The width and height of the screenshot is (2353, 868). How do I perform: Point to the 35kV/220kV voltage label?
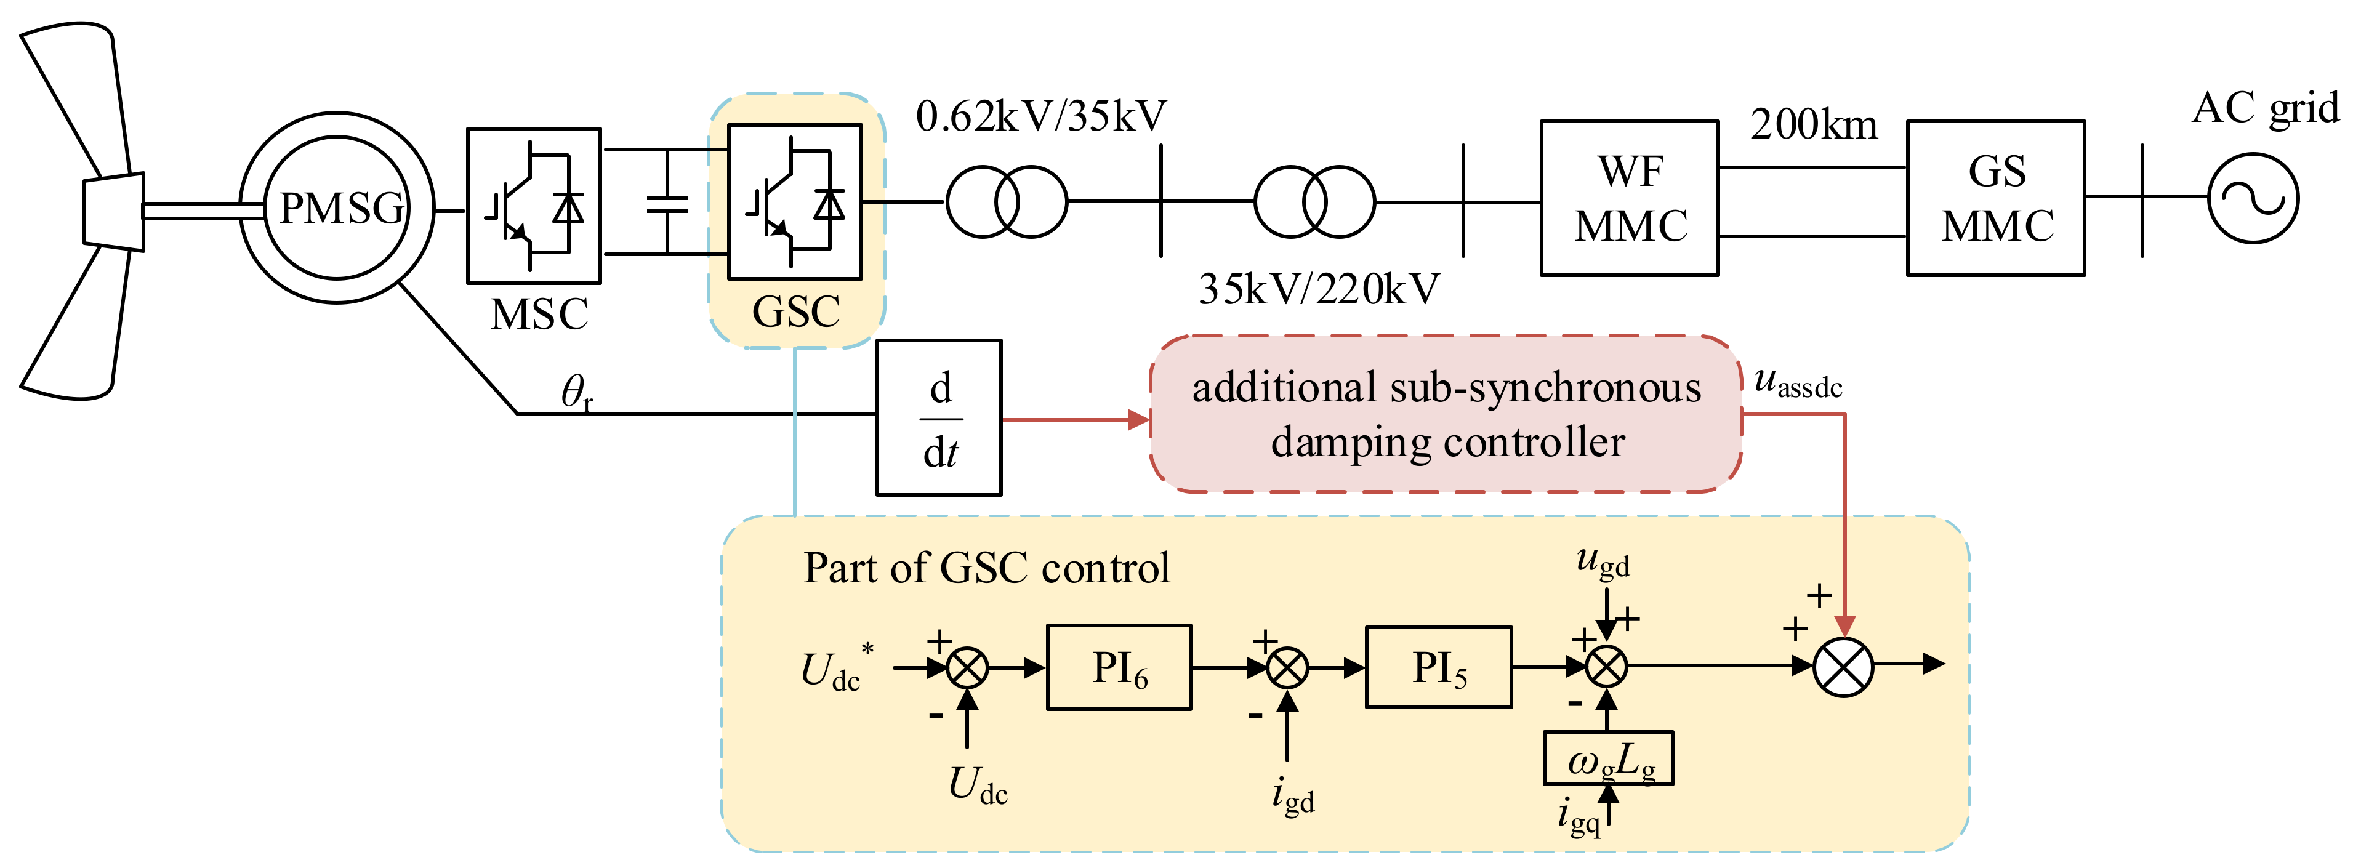click(1319, 289)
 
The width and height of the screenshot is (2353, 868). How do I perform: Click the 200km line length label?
click(1814, 124)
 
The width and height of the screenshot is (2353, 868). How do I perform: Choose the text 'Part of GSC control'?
click(986, 568)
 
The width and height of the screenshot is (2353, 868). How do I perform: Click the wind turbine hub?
click(114, 211)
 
